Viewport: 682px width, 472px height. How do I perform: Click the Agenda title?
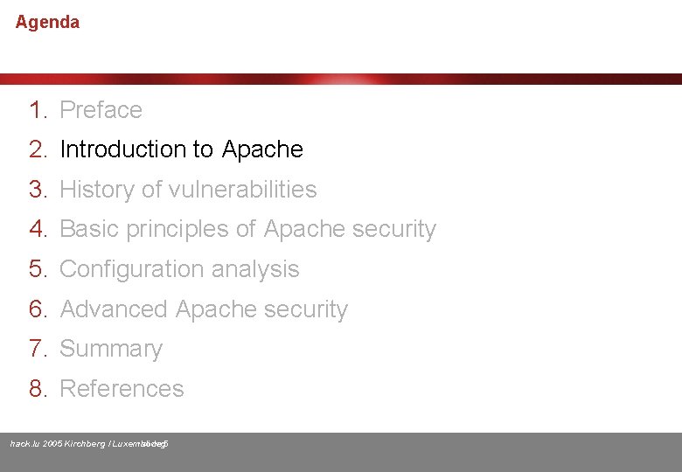47,23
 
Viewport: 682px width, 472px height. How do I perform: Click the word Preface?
101,110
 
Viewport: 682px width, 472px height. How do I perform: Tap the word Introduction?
123,149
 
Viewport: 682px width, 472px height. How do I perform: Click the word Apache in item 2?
262,149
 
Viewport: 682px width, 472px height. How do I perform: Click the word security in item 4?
393,229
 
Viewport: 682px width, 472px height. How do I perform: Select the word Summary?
111,349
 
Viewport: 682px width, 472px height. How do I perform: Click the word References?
122,389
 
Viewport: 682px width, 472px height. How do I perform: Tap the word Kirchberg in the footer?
85,444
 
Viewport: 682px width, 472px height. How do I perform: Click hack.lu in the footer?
24,444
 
